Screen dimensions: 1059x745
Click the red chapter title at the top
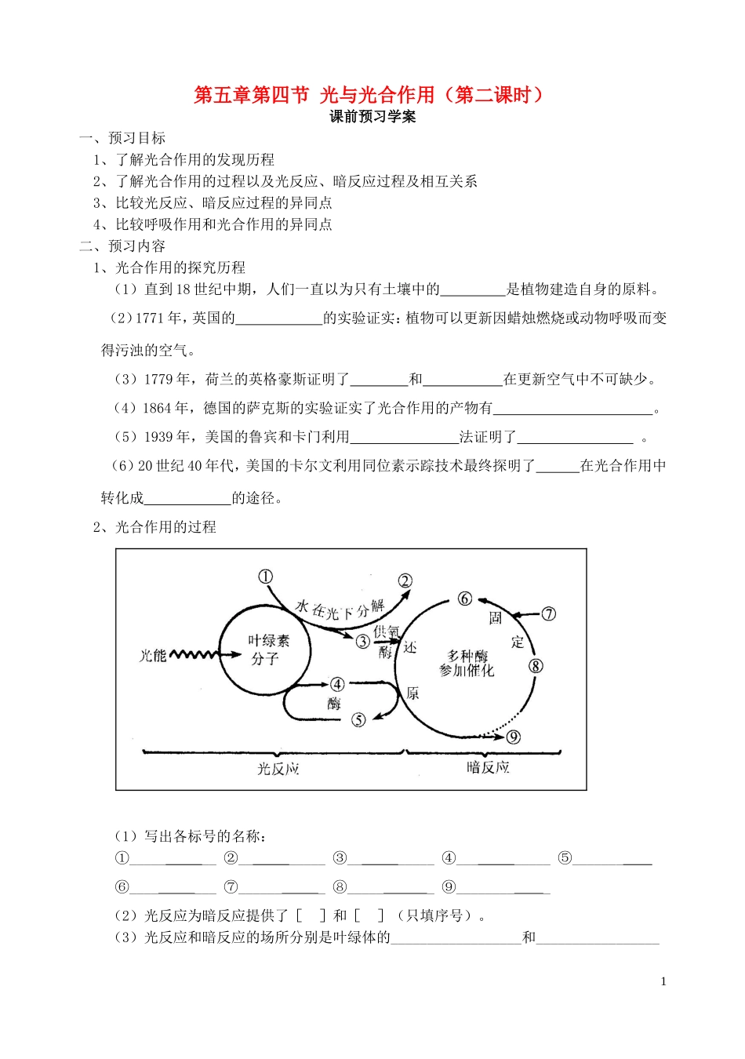(369, 96)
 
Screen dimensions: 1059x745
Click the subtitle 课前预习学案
(372, 117)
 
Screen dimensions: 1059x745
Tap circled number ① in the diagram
(265, 577)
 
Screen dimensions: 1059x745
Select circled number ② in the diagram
(405, 581)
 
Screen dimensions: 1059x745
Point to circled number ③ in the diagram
(362, 642)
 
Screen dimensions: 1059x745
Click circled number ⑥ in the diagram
(465, 599)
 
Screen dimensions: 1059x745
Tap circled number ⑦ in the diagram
(549, 613)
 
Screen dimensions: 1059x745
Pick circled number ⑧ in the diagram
(536, 666)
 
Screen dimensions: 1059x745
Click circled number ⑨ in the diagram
(514, 737)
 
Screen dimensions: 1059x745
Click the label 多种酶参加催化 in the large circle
(467, 663)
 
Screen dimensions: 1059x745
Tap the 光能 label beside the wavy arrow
(153, 655)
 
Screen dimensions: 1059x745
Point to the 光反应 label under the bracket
(278, 769)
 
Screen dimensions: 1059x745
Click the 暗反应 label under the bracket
(488, 767)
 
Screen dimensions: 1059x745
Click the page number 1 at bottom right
(663, 981)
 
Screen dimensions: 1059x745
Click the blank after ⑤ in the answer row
(613, 858)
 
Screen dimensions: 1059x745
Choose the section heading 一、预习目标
(122, 138)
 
